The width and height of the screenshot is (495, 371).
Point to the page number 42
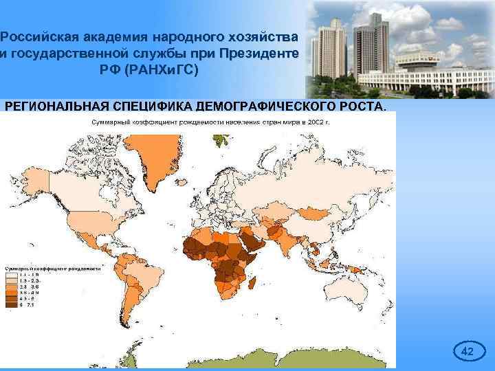click(467, 352)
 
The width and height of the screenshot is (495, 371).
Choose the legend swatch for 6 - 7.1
click(12, 305)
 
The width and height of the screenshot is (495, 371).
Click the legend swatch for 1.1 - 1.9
click(12, 275)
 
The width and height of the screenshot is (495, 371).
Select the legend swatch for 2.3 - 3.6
click(12, 287)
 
